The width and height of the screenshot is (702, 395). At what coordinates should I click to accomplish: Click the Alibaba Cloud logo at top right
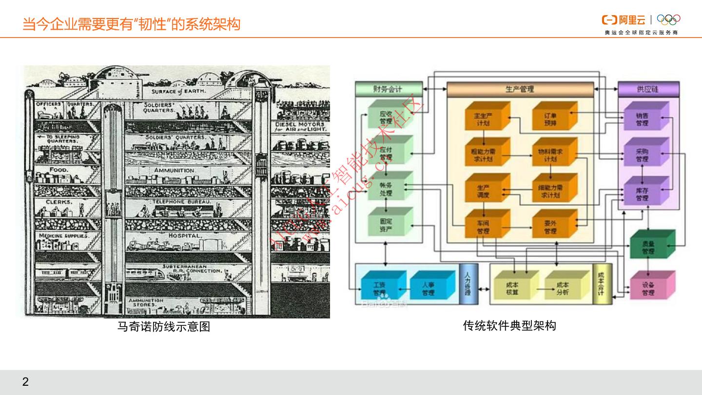tap(624, 20)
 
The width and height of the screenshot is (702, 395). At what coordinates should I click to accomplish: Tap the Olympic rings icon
tap(668, 20)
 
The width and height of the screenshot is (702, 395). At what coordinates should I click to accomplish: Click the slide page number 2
tap(25, 382)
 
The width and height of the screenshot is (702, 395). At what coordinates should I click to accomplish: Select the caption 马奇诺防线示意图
tap(164, 327)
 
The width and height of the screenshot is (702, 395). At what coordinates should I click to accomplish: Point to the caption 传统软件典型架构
tap(509, 325)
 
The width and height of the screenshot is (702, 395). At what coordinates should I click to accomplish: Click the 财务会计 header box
tap(388, 89)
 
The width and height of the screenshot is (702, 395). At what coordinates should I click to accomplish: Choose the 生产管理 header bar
tap(520, 89)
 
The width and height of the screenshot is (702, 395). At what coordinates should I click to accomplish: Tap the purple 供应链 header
tap(648, 89)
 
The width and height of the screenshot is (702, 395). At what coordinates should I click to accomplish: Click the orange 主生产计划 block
tap(486, 117)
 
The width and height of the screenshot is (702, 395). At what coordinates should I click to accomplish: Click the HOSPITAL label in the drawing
tap(184, 236)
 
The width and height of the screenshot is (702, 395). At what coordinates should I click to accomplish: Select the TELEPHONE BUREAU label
tap(182, 201)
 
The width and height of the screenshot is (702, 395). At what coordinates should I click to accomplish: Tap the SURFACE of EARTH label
tap(178, 91)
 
